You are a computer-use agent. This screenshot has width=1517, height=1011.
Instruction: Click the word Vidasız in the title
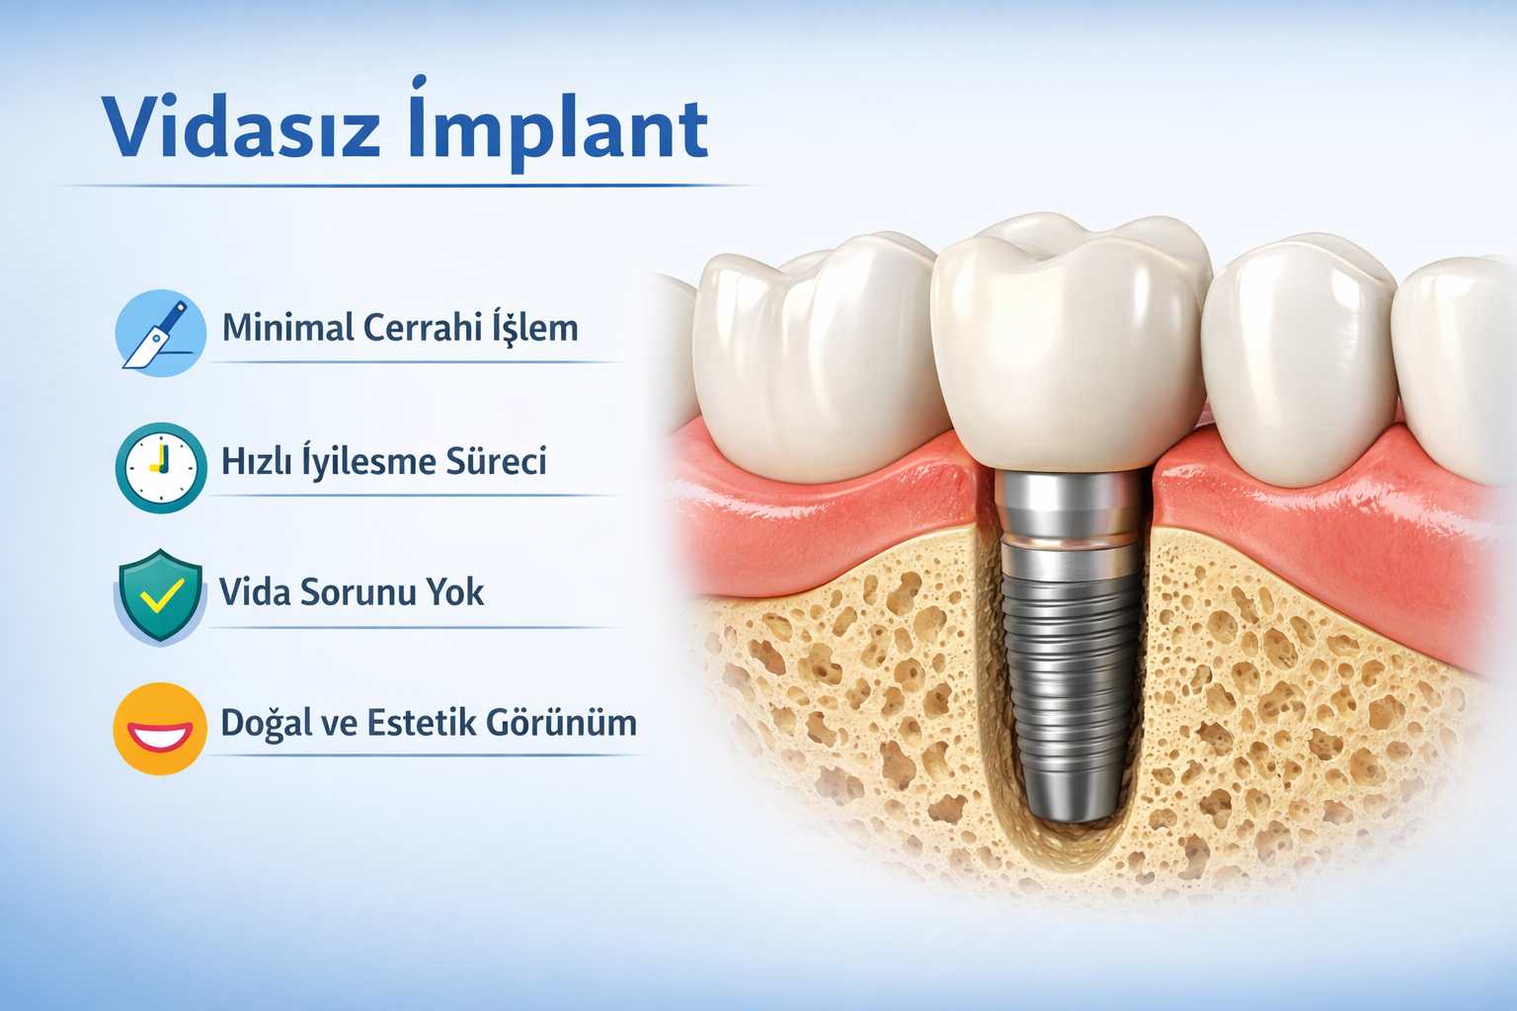click(242, 128)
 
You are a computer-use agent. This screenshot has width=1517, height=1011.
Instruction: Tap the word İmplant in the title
click(558, 128)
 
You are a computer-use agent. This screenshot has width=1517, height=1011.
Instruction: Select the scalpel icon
click(160, 333)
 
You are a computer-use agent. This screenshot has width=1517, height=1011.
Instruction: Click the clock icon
click(161, 467)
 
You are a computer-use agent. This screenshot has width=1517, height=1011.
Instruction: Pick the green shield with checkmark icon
click(161, 595)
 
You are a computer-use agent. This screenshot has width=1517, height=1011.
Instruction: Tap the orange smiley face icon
click(160, 729)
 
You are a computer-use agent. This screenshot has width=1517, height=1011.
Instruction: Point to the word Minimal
click(287, 328)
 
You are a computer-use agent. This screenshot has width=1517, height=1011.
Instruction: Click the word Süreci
click(496, 461)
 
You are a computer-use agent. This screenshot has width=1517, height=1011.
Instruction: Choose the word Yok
click(455, 592)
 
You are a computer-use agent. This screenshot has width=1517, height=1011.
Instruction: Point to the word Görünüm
click(572, 724)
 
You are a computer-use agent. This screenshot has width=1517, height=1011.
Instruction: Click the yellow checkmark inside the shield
click(162, 595)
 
